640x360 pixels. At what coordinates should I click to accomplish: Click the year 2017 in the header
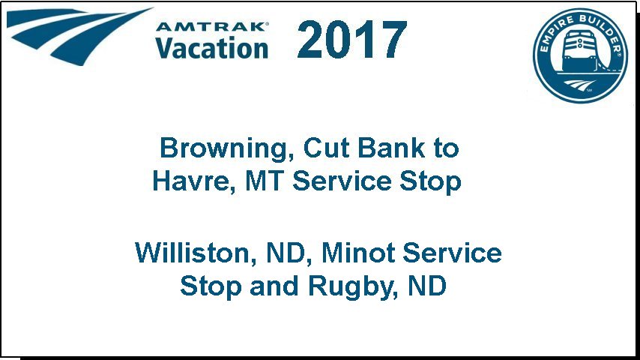(351, 40)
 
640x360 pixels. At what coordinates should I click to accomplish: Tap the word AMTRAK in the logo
(212, 27)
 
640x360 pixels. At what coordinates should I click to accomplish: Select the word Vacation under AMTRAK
(212, 48)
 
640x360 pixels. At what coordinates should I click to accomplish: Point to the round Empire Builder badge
(580, 55)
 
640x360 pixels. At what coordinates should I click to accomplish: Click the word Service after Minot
(452, 253)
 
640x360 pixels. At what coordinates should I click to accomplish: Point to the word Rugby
(353, 286)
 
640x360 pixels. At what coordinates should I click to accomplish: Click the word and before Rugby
(274, 286)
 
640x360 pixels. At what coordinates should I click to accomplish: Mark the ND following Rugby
(427, 286)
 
